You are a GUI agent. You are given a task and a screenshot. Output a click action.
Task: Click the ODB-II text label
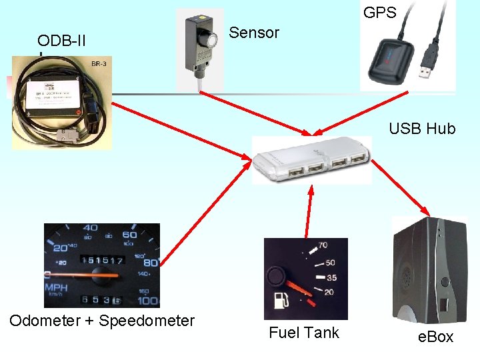click(x=62, y=41)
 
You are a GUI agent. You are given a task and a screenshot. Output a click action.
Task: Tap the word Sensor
click(x=254, y=33)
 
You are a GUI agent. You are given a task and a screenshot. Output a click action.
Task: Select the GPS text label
click(x=379, y=12)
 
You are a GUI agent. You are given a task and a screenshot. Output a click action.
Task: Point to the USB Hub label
click(x=422, y=129)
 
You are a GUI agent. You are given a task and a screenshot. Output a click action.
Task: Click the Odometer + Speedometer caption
click(x=102, y=321)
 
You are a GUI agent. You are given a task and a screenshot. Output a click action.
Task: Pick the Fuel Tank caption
click(x=303, y=333)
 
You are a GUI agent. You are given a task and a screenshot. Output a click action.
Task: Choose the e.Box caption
click(x=435, y=337)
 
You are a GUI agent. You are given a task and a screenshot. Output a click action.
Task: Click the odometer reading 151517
click(x=101, y=260)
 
